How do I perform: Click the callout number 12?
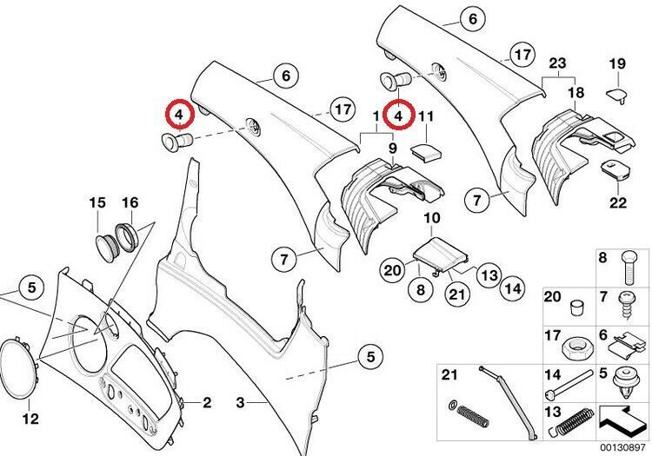click(x=30, y=418)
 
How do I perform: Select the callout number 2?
click(x=207, y=402)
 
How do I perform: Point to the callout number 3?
click(x=240, y=402)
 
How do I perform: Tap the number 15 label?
click(x=97, y=202)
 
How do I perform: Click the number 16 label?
click(x=130, y=202)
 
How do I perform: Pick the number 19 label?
click(x=617, y=64)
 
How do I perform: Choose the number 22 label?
click(x=618, y=202)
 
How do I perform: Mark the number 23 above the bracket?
click(x=557, y=63)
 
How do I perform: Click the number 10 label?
click(x=432, y=218)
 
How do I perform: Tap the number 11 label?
click(x=425, y=116)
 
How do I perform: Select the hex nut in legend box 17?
click(x=575, y=347)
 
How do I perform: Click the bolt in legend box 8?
click(x=629, y=268)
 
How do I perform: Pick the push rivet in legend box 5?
click(x=626, y=384)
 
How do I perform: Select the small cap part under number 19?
click(x=616, y=95)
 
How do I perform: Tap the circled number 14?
click(x=512, y=288)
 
